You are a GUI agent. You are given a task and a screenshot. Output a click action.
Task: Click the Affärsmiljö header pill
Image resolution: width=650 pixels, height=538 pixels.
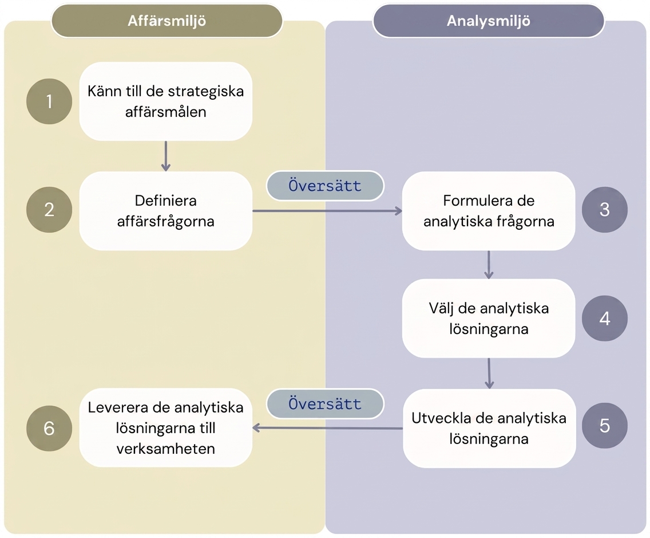click(167, 21)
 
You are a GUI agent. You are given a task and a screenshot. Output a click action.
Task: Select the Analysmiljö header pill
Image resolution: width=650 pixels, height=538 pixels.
click(488, 21)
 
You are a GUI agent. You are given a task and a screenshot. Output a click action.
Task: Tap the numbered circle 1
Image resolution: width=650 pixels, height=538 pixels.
click(49, 101)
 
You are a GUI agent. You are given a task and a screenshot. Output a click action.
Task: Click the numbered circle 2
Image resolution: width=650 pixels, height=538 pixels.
click(49, 210)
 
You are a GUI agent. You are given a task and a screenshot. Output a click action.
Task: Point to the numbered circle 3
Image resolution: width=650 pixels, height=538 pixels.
click(604, 210)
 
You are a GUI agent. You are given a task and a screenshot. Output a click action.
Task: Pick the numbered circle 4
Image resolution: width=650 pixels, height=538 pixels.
click(604, 319)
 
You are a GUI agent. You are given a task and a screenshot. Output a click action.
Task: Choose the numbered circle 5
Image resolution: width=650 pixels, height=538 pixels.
click(604, 426)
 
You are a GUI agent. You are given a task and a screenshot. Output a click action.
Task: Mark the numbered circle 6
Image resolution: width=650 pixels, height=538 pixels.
click(49, 429)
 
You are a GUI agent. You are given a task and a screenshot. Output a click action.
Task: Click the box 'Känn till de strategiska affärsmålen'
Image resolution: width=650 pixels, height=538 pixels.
click(166, 101)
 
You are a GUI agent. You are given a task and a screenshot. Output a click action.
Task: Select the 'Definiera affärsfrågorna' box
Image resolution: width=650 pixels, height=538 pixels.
click(166, 211)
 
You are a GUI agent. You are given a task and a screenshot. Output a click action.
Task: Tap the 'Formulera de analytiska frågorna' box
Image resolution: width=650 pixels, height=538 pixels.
click(489, 211)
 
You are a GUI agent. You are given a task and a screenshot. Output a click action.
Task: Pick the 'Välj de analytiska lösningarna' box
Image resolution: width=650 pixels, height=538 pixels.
click(489, 319)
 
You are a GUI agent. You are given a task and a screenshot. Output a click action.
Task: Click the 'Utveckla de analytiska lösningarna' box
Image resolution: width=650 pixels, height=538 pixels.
click(489, 429)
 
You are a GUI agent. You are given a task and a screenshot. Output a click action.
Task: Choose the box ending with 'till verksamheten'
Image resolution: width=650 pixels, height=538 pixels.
click(166, 427)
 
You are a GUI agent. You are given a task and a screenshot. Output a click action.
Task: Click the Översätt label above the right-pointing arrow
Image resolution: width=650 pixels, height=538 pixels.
click(325, 186)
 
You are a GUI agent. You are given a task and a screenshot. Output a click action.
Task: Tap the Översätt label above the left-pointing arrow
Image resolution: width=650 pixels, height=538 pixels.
click(325, 403)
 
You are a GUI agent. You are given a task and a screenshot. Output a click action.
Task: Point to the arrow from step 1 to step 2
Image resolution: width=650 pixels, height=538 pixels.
click(166, 156)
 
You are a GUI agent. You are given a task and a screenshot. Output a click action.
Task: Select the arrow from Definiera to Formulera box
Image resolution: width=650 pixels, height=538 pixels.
click(327, 211)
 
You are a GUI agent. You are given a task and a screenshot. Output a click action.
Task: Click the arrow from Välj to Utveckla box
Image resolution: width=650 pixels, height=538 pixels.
click(489, 374)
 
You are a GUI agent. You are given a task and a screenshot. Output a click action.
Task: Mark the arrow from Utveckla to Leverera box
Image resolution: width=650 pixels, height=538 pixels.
click(327, 428)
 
